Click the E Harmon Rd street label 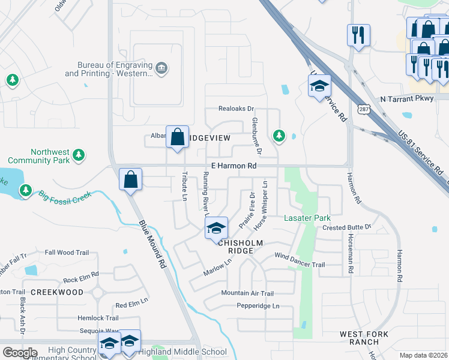click(x=234, y=166)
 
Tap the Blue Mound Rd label click(x=152, y=244)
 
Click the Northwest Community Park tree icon click(x=78, y=156)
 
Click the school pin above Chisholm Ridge click(x=216, y=229)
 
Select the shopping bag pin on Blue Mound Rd click(x=130, y=179)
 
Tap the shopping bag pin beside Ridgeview click(x=178, y=137)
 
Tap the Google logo click(x=20, y=353)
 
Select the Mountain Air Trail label click(x=247, y=293)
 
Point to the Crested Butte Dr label click(x=347, y=228)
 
